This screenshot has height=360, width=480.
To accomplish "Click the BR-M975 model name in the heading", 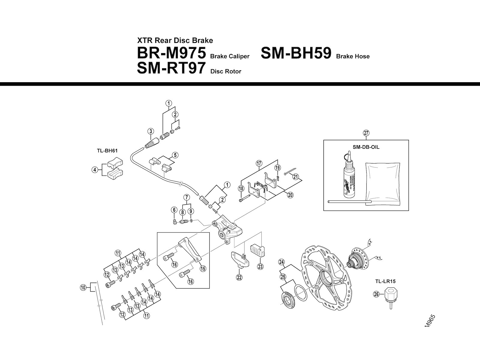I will [171, 53].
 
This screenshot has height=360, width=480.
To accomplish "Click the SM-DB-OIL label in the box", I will [366, 147].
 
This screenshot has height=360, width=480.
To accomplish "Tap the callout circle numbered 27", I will [366, 133].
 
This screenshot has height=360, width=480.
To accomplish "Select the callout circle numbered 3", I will [151, 131].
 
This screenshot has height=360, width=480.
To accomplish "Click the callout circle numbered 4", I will [95, 170].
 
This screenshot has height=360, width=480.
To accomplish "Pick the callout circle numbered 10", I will [83, 288].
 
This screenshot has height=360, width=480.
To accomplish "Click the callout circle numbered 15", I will [203, 268].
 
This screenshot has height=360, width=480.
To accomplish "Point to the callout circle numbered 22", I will [239, 277].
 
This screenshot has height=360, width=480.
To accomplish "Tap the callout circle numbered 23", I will [260, 266].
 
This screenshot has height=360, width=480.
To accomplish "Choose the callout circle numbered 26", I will [376, 294].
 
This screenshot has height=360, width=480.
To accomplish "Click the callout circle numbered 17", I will [259, 163].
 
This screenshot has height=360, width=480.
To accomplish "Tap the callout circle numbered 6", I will [174, 210].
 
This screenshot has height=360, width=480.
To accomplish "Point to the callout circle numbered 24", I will [281, 262].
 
